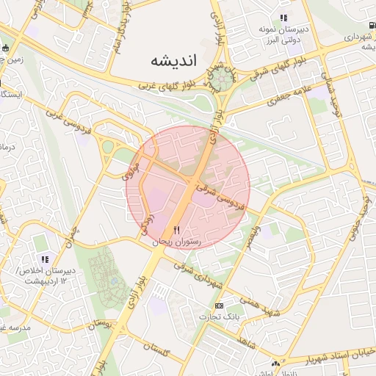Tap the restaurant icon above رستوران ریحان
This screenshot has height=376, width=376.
coord(176,231)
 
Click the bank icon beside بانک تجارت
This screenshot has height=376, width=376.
coord(218,305)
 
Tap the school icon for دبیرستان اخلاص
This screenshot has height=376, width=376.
coord(46,259)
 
